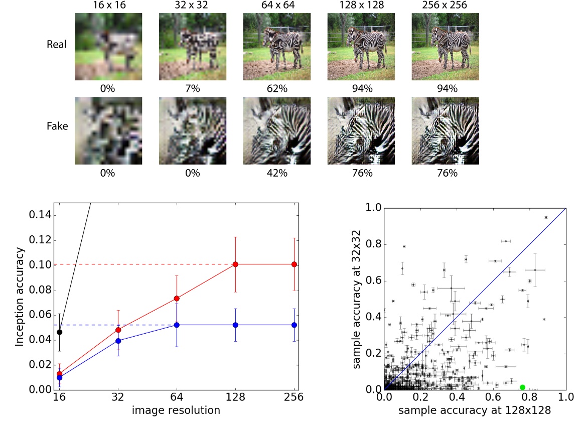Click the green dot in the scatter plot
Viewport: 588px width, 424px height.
pos(522,387)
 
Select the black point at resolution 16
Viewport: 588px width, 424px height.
pos(60,332)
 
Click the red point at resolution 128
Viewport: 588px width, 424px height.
pos(235,264)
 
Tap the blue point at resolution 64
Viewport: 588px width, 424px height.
pos(177,325)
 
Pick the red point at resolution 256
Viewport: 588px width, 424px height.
pos(294,264)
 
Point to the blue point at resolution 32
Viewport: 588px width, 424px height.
pos(118,341)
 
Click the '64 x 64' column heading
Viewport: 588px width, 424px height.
pos(276,5)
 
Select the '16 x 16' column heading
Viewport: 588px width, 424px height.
pos(108,5)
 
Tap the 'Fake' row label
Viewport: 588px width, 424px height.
pos(57,126)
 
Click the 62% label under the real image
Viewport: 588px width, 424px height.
pos(276,88)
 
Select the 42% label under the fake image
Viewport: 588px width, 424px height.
pos(276,173)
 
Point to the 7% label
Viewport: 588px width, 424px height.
pos(192,88)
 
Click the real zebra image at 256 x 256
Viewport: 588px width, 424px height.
pos(445,46)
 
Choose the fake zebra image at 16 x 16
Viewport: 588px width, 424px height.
pos(108,130)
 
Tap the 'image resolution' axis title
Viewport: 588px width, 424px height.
pos(176,410)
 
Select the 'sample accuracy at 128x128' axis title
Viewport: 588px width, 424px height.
pos(475,410)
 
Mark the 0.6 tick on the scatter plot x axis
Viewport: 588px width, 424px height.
pos(494,396)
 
